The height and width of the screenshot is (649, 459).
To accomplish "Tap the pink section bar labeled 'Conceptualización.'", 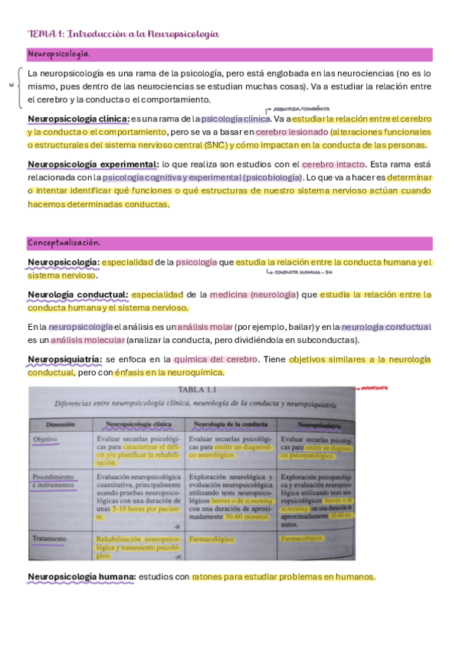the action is pyautogui.click(x=230, y=243).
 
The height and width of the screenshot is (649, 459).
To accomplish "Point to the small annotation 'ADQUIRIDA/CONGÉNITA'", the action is pyautogui.click(x=303, y=108).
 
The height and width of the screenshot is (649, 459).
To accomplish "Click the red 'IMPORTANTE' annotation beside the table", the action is pyautogui.click(x=370, y=388).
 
